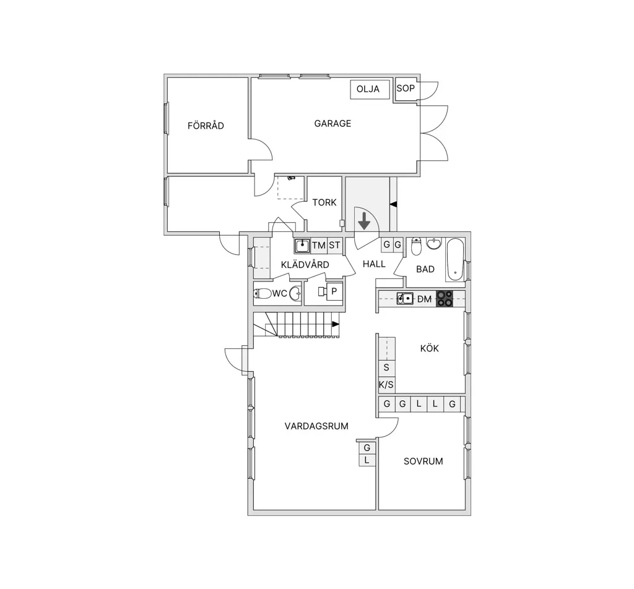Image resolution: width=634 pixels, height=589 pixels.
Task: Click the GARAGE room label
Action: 332,123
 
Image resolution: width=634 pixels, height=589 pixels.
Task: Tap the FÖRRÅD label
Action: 206,126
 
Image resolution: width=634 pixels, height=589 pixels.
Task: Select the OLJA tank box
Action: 370,89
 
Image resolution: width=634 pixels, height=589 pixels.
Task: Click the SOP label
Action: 406,88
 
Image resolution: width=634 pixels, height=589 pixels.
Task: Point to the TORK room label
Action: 324,202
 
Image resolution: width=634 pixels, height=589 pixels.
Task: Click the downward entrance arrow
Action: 364,221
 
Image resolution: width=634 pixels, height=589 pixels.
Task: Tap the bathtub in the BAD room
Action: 455,260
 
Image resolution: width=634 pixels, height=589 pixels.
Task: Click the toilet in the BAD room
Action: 416,246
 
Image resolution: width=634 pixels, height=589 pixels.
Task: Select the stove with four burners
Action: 445,299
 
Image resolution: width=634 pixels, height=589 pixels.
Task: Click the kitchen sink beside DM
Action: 405,299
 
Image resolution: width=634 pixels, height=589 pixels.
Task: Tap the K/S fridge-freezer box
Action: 386,385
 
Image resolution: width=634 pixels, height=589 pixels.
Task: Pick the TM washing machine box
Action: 319,245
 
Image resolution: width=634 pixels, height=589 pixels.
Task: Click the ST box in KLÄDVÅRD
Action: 334,245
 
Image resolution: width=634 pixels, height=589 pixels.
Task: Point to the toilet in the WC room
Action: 263,293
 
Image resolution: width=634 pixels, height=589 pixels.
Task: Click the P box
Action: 334,291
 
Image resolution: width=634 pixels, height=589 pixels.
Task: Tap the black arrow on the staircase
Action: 336,324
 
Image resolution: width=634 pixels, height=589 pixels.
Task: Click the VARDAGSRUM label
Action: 316,426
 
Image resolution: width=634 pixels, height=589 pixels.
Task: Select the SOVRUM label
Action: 423,462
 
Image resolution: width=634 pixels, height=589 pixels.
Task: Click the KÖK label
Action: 430,348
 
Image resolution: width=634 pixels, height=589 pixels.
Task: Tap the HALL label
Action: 374,264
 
